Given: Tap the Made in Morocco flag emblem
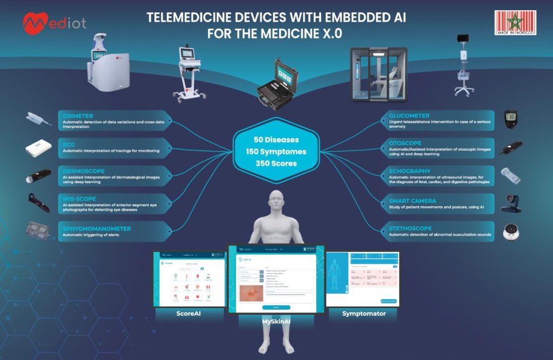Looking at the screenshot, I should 514,23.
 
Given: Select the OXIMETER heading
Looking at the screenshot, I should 78,116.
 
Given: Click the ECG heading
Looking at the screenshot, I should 68,144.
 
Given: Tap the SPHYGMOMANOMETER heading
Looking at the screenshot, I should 97,229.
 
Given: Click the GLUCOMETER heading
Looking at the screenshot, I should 409,116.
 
